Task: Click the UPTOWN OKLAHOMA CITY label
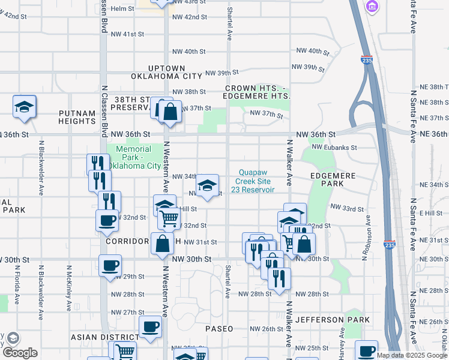[166, 73]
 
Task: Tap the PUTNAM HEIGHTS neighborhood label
[77, 117]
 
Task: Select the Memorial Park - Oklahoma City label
[134, 157]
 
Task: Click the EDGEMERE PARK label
[333, 181]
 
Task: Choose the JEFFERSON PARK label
[333, 320]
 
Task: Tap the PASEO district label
[223, 329]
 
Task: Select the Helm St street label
[122, 9]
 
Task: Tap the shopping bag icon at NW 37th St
[170, 111]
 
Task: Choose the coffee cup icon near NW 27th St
[150, 327]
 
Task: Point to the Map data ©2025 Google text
[412, 355]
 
